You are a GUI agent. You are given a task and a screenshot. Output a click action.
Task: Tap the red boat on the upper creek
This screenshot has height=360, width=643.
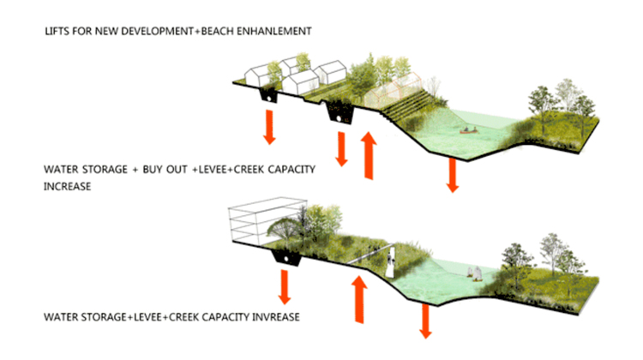pos(468,131)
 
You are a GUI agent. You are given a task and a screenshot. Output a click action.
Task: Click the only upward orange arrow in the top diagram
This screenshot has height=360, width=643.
pos(368,153)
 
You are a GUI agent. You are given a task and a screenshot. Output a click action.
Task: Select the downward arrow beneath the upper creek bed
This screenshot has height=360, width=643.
pos(452,175)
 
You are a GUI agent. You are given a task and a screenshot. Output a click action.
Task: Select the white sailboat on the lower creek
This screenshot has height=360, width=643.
pos(473,273)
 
